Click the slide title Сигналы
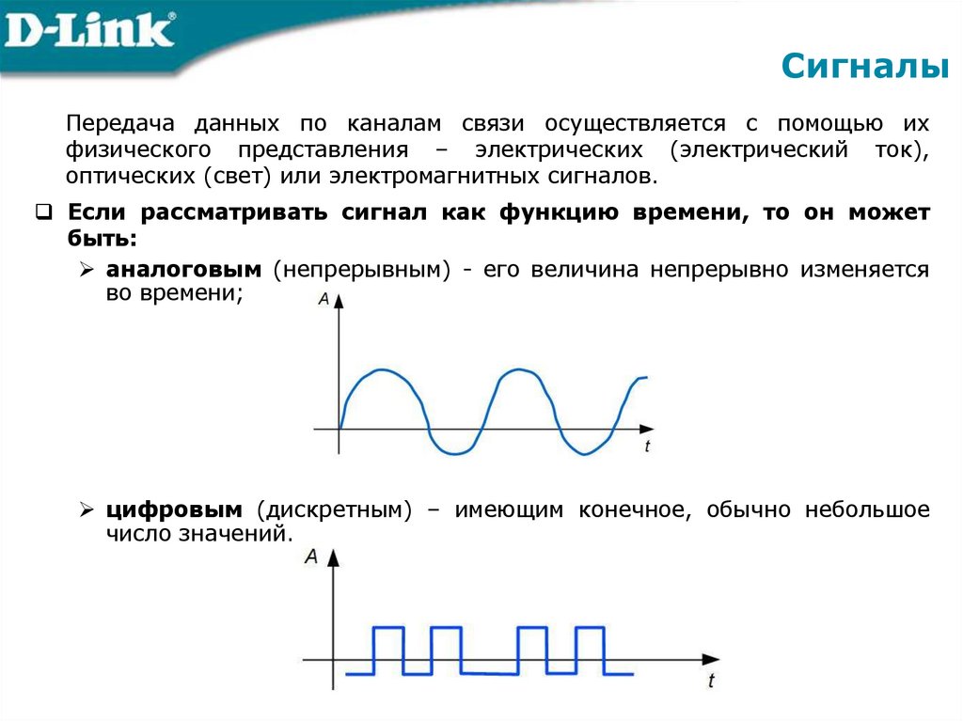tap(866, 68)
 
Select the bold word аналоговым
tap(182, 270)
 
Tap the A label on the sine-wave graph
tap(324, 300)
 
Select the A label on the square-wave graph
tap(311, 557)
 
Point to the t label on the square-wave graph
tap(711, 679)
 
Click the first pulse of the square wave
tap(387, 628)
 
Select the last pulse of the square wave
tap(590, 628)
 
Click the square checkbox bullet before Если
tap(43, 212)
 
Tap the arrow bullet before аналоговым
tap(86, 271)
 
